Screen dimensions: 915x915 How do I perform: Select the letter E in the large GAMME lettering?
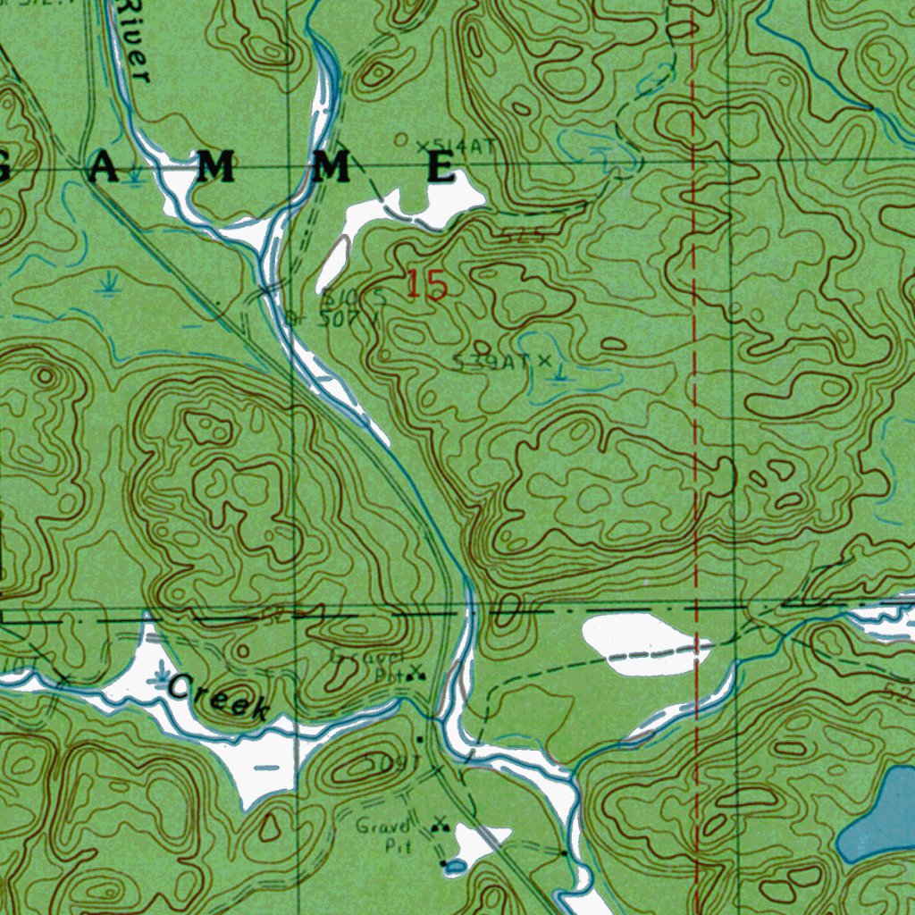[441, 168]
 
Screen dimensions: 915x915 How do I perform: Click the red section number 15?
[426, 285]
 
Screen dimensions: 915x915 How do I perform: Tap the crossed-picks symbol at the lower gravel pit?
[438, 824]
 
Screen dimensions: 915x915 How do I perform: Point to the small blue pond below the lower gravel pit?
[455, 865]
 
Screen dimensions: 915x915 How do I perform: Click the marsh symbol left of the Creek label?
[162, 672]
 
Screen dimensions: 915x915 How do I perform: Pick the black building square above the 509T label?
[421, 740]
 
